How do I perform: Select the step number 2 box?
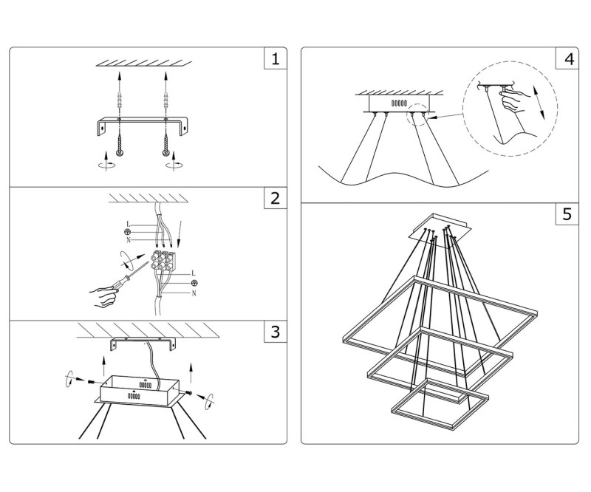(x=275, y=199)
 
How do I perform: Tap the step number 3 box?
(x=275, y=332)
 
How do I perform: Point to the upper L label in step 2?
(x=129, y=223)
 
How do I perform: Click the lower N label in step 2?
(x=194, y=293)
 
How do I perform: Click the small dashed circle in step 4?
(x=419, y=115)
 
